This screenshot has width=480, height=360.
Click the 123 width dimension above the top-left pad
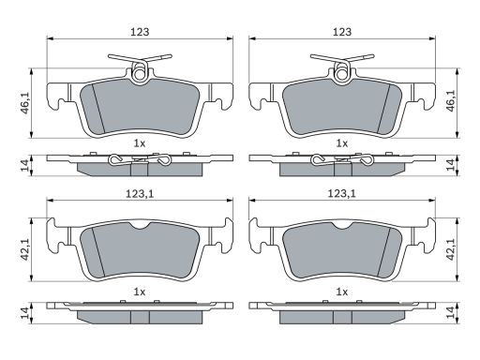[x=140, y=32]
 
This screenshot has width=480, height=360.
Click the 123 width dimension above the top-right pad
[x=342, y=32]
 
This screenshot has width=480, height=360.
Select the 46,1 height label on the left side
[x=25, y=103]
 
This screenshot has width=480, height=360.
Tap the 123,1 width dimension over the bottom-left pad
[x=140, y=194]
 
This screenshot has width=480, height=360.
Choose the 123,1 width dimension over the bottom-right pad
[x=342, y=194]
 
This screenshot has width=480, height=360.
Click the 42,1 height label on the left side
[x=25, y=249]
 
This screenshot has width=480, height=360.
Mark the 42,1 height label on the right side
[x=450, y=249]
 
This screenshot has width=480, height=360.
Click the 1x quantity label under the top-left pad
[x=140, y=143]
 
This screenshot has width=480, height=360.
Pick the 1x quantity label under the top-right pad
[x=341, y=143]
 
